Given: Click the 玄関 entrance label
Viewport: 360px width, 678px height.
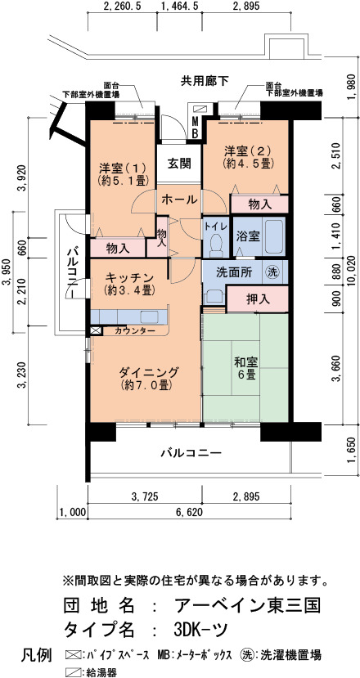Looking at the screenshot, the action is [178, 164].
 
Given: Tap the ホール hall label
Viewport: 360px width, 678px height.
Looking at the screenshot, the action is [179, 200].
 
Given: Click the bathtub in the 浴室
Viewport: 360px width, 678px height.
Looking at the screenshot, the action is [273, 237].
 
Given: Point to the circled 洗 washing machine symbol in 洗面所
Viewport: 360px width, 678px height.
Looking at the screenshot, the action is [272, 272].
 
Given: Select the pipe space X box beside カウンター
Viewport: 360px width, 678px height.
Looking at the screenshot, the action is [96, 331].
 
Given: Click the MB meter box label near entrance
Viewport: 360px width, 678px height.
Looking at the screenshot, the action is [196, 127].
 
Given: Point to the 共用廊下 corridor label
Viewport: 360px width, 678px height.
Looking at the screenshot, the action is [205, 80].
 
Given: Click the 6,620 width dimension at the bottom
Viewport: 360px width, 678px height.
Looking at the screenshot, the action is [188, 513].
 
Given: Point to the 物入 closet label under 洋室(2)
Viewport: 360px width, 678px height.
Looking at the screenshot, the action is [260, 204].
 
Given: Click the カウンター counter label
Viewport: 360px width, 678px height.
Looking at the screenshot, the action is [136, 330].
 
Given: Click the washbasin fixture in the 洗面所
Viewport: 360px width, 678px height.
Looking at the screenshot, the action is [214, 296].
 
